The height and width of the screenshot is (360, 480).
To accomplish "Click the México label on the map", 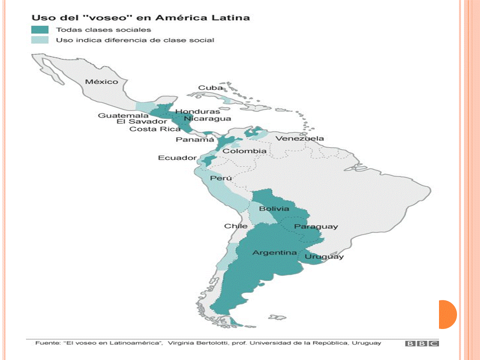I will tap(101, 81).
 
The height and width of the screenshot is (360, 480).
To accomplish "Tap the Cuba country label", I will tap(210, 87).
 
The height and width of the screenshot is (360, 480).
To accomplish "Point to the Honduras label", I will tap(197, 111).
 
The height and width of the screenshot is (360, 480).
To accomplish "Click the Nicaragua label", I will tap(207, 118).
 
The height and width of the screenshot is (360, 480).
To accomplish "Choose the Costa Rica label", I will tap(148, 129).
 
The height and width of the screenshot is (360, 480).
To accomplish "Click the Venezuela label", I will tap(300, 138).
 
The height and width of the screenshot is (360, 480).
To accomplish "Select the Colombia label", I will tap(244, 151).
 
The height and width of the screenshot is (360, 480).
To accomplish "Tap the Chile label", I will tap(235, 226).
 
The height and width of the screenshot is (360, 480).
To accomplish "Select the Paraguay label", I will tap(315, 226).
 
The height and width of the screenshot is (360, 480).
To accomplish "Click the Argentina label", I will tap(274, 252).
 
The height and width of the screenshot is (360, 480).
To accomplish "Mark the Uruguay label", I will tap(324, 256).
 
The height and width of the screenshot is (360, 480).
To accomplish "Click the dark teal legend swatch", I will tap(40, 29).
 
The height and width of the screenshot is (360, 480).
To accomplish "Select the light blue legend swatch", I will tap(40, 40).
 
